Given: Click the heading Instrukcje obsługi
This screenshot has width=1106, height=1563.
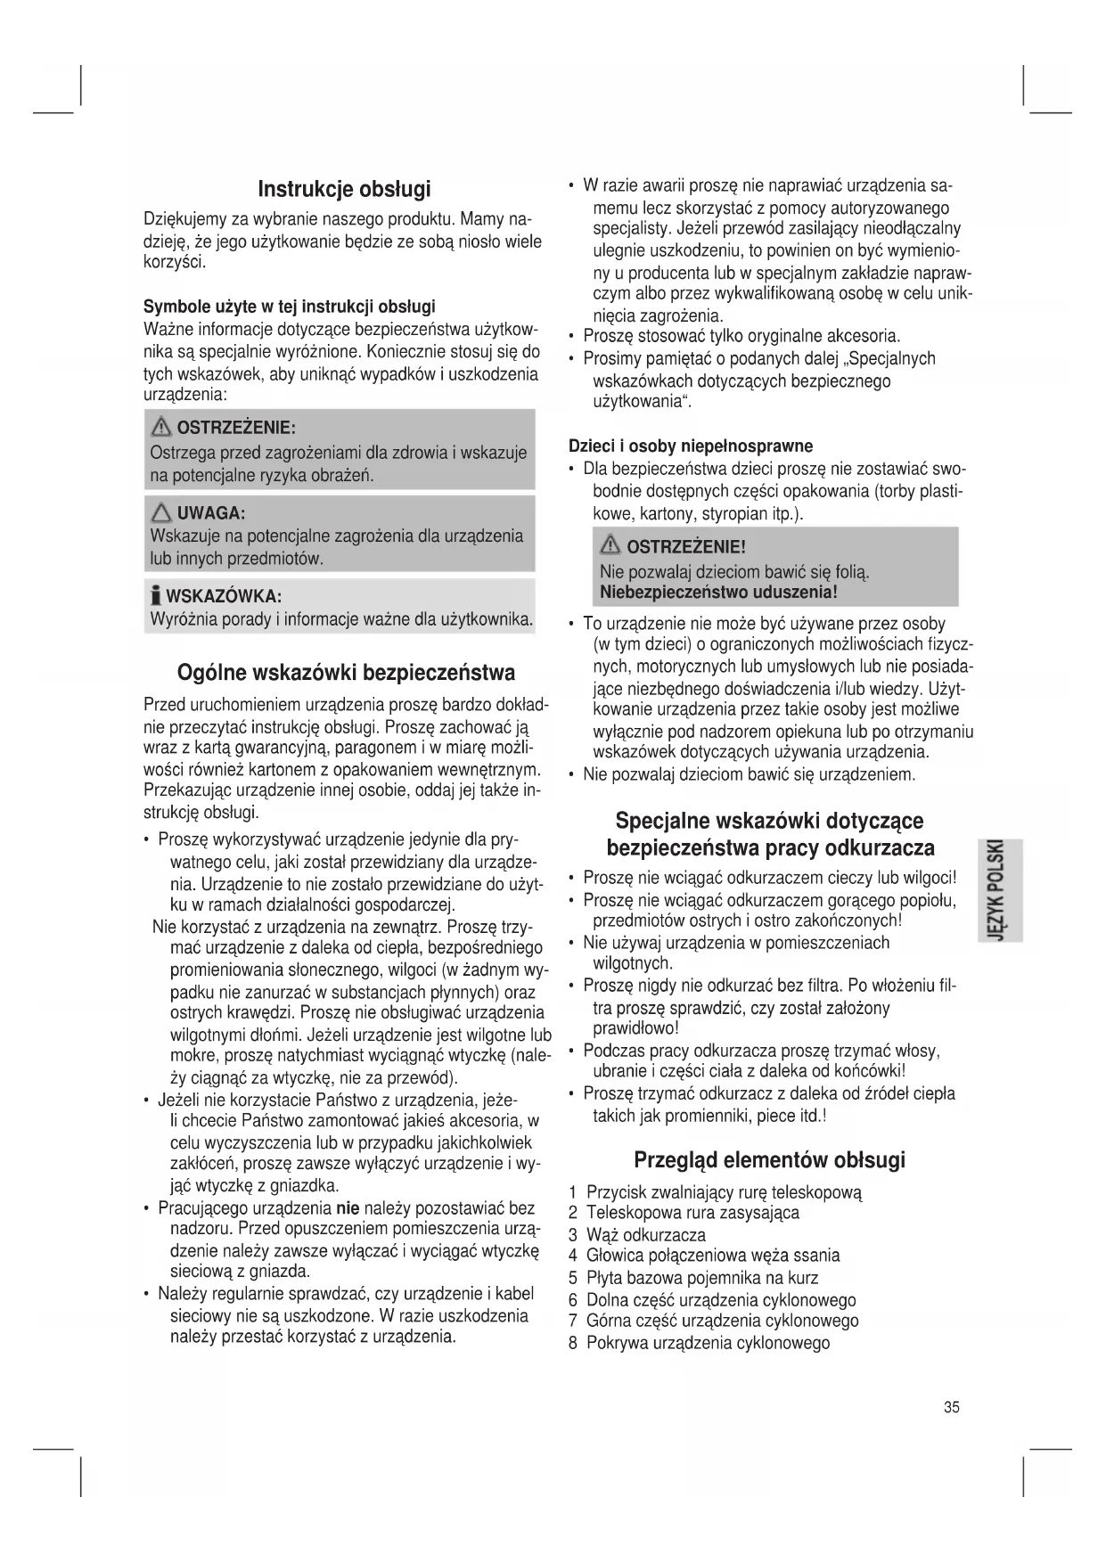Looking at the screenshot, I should point(344,189).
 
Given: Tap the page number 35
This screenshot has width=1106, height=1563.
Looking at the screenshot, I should point(952,1407).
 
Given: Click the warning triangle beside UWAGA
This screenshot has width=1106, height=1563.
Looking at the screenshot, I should point(162,512).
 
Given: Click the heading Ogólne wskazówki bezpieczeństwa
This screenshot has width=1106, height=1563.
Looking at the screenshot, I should point(346,671).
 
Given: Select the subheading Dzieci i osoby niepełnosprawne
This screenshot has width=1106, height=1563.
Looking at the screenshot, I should point(691,446).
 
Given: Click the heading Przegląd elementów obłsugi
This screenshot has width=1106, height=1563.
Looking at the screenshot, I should point(769,1160).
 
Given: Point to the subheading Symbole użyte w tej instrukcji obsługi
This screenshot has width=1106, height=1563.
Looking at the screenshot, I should point(290,307).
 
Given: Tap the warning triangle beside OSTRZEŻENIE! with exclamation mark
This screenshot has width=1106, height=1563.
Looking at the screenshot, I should point(611,545).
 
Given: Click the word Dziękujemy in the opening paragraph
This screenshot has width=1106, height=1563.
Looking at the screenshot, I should point(184,219).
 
